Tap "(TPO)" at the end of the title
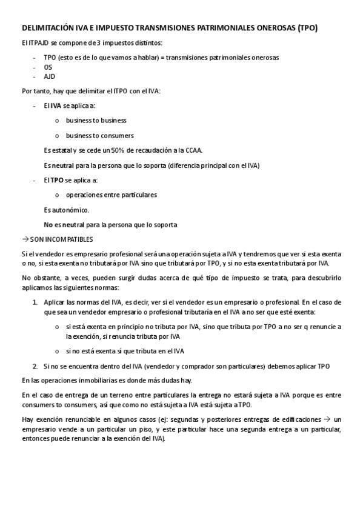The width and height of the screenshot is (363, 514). (x=305, y=28)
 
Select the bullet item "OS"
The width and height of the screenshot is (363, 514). (x=48, y=67)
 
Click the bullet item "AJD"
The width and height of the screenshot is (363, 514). (x=49, y=77)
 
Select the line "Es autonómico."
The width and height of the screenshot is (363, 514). (x=66, y=210)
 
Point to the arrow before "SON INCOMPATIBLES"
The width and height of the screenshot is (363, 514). (x=25, y=239)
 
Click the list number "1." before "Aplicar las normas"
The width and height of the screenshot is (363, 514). (x=35, y=302)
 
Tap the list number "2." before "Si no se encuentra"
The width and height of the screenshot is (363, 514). (x=35, y=365)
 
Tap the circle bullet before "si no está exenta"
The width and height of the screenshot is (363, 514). (x=57, y=351)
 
